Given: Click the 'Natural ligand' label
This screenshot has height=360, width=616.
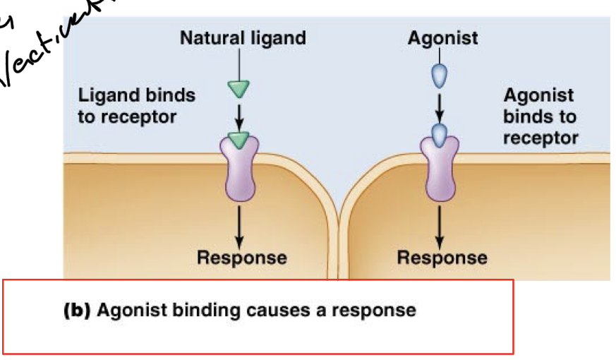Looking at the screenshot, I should [243, 38].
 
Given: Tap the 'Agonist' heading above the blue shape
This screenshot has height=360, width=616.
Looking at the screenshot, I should [442, 38].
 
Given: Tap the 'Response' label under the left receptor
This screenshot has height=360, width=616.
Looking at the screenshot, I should [242, 258].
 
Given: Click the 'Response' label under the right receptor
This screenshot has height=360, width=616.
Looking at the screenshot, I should [442, 258].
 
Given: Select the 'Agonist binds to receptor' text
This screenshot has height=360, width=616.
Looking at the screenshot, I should [540, 116].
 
